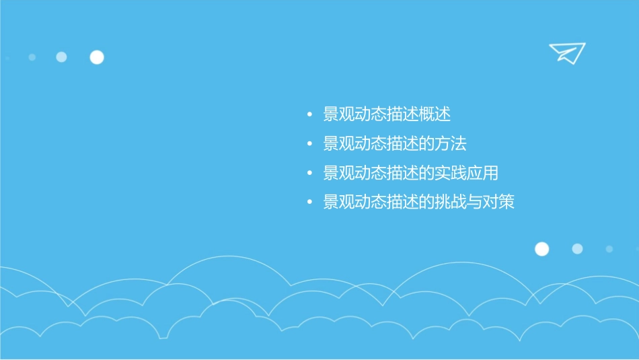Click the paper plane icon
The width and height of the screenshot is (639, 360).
(566, 52)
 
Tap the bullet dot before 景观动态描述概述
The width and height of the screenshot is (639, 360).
(309, 116)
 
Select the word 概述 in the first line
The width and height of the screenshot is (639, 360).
(435, 115)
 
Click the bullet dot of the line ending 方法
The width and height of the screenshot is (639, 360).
(309, 145)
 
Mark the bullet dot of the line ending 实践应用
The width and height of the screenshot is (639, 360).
(309, 174)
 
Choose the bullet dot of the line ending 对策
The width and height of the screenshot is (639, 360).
(309, 203)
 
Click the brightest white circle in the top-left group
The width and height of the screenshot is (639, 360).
(97, 57)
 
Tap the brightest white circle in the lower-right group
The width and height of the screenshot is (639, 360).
(541, 249)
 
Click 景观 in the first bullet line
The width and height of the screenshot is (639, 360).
(339, 115)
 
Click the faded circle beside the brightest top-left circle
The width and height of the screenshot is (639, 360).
(61, 57)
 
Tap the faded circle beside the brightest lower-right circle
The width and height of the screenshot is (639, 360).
(577, 249)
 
